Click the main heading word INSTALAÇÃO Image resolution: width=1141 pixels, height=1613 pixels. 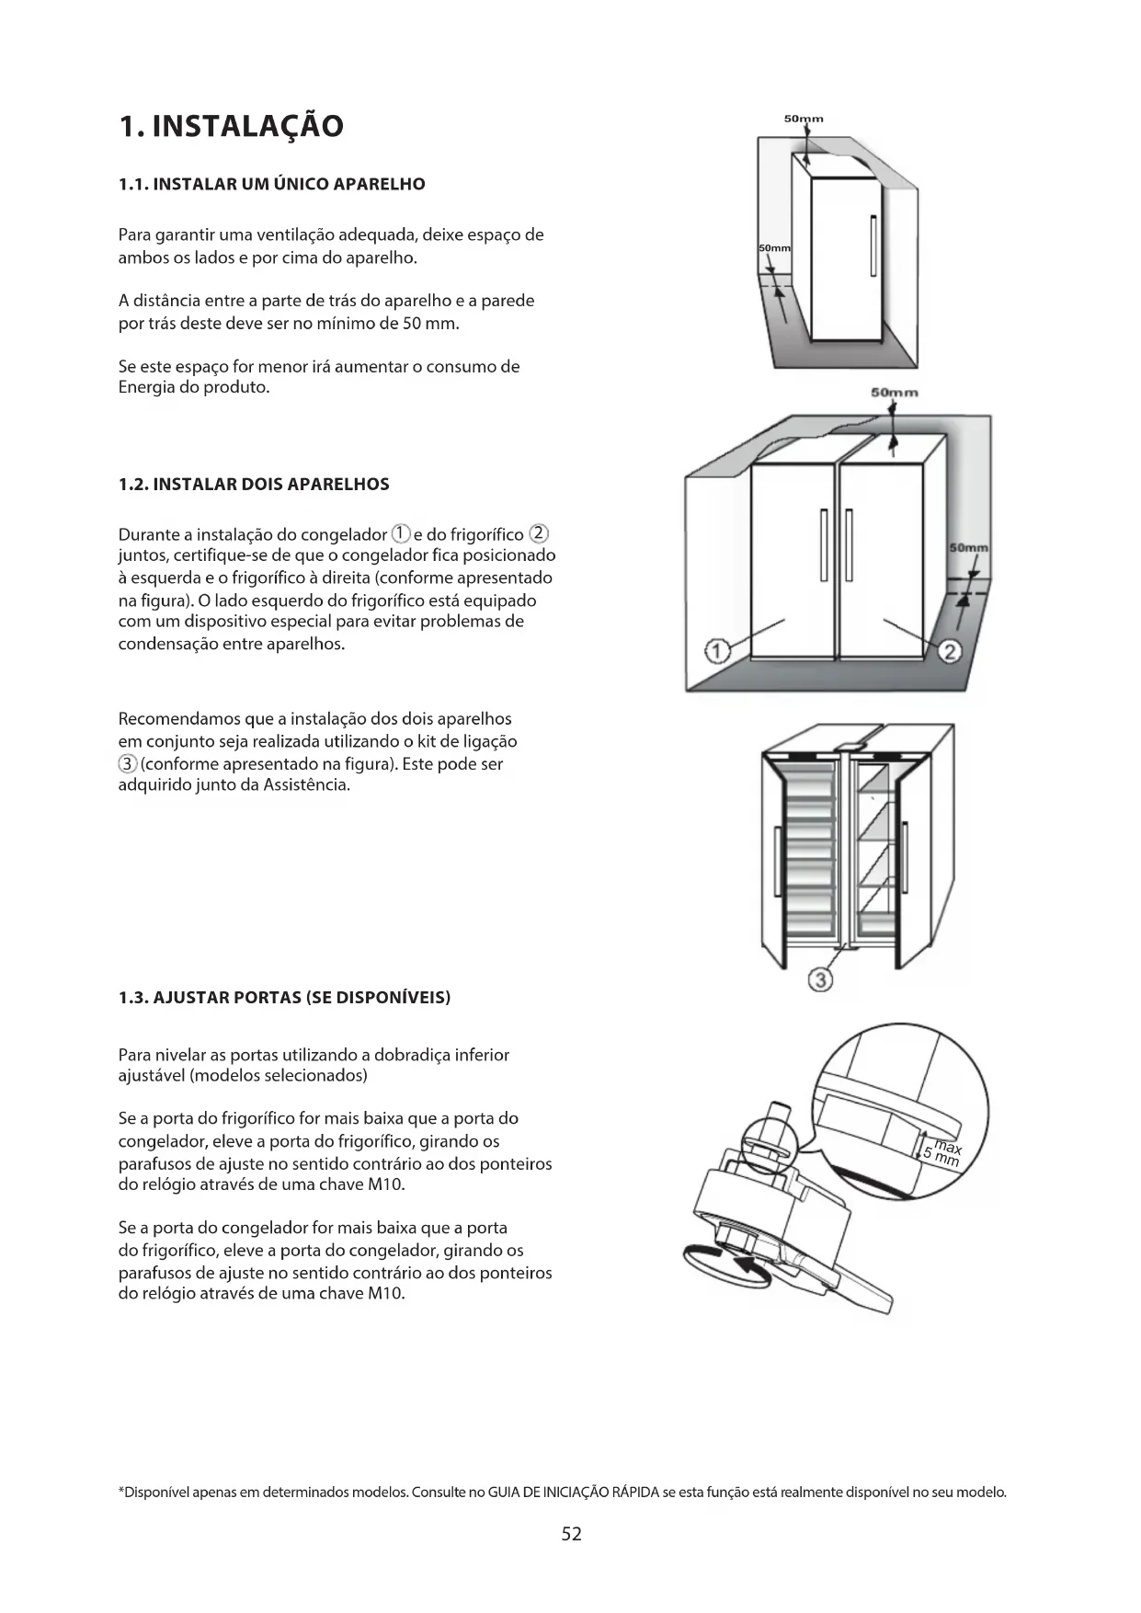click(x=247, y=126)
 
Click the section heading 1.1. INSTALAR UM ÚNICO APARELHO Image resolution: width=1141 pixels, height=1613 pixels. click(x=272, y=184)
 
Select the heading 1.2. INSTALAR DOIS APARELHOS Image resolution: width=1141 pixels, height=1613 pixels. click(x=254, y=485)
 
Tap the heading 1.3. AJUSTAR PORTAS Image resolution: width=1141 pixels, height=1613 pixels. click(x=284, y=998)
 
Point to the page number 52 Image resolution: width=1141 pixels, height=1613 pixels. click(x=571, y=1533)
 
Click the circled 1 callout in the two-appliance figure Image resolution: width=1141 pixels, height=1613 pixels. click(x=716, y=652)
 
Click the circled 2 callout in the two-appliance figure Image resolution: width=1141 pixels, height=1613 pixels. click(x=950, y=652)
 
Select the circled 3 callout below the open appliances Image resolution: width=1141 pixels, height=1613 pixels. click(x=820, y=979)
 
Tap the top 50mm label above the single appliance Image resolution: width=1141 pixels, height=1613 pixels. click(x=804, y=119)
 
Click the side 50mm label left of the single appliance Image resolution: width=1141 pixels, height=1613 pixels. click(x=774, y=249)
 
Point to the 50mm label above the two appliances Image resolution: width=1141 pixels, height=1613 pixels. click(x=894, y=393)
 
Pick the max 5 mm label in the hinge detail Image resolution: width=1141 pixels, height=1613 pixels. click(x=943, y=1153)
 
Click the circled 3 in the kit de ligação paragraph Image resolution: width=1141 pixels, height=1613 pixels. click(x=128, y=764)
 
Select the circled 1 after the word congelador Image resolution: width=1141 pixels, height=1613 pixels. click(x=401, y=533)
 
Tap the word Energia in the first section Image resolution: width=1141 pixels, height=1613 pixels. click(x=147, y=387)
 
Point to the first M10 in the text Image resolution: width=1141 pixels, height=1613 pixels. click(x=385, y=1184)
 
